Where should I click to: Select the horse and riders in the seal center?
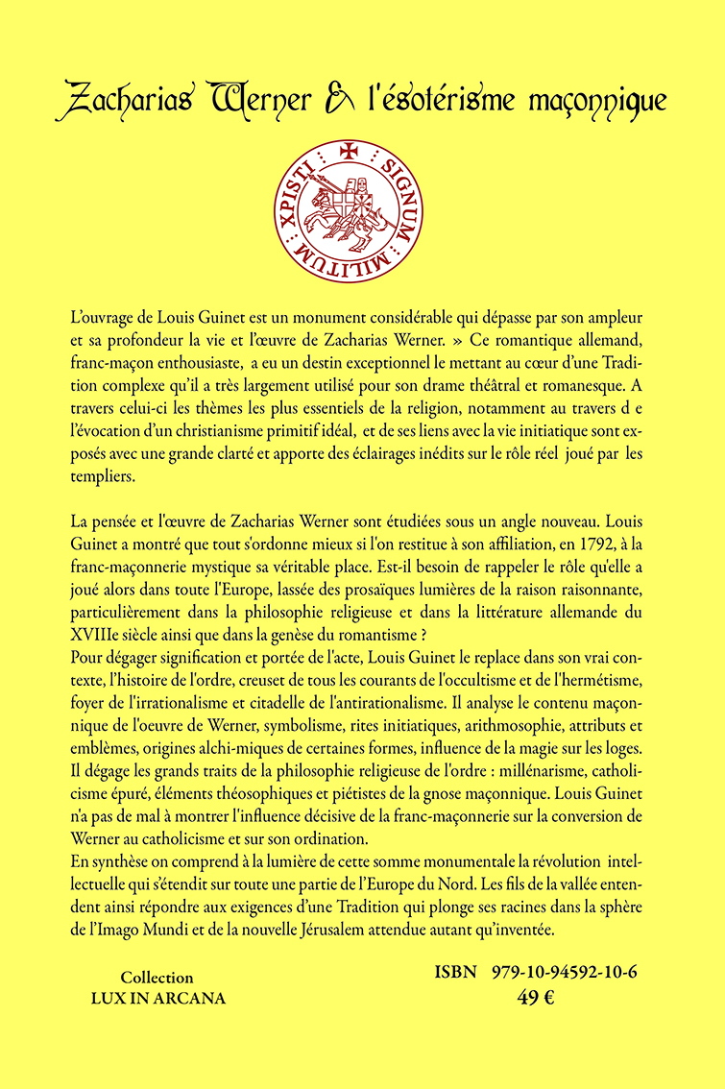coord(360,207)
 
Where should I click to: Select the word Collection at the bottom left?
coord(157,977)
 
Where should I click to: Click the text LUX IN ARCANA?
coord(157,998)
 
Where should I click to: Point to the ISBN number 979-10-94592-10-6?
coord(563,973)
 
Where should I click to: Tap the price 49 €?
coord(536,997)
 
